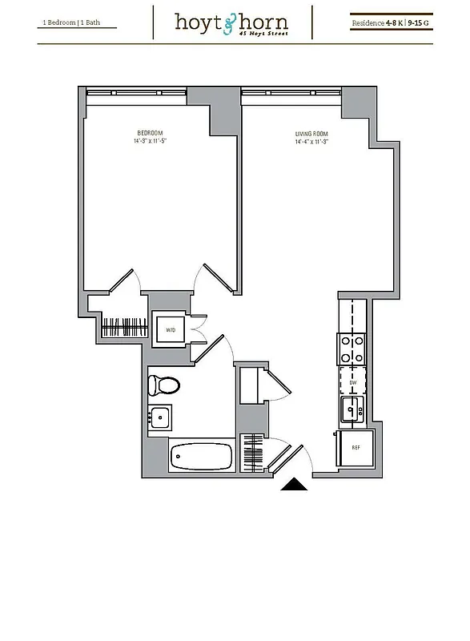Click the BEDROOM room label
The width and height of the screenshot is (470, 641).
(x=150, y=132)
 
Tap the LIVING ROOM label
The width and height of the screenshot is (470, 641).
(x=311, y=135)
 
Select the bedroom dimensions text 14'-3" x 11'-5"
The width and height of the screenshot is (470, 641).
(x=150, y=141)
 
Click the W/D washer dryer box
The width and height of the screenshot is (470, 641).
(x=171, y=329)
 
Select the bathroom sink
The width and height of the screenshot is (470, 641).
(x=159, y=417)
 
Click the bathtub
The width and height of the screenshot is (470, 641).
(x=201, y=458)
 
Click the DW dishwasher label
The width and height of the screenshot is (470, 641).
(x=351, y=382)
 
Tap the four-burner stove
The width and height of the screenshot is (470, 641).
(x=351, y=349)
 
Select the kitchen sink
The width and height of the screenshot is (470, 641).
(x=351, y=411)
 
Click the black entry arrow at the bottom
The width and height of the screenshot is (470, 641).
(x=293, y=483)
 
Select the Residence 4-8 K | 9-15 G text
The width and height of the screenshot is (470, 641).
(x=391, y=23)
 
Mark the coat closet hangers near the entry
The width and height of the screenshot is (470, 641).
(x=252, y=453)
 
